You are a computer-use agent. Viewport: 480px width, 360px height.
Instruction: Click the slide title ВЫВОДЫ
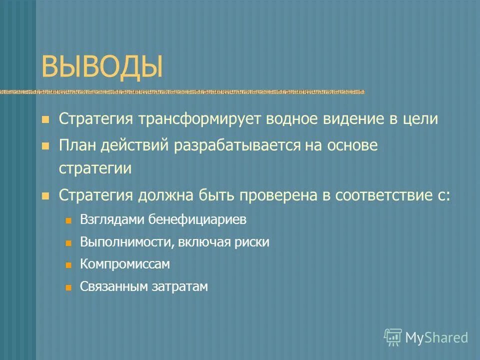pyautogui.click(x=102, y=67)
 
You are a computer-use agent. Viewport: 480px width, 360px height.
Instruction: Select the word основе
pyautogui.click(x=354, y=145)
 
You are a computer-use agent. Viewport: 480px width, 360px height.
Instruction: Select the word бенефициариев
pyautogui.click(x=194, y=220)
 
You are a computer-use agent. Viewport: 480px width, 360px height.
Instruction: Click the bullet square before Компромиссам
pyautogui.click(x=69, y=265)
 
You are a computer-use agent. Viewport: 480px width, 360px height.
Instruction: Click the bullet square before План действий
pyautogui.click(x=45, y=146)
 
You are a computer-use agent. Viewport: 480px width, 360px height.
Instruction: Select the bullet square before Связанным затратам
pyautogui.click(x=69, y=287)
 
